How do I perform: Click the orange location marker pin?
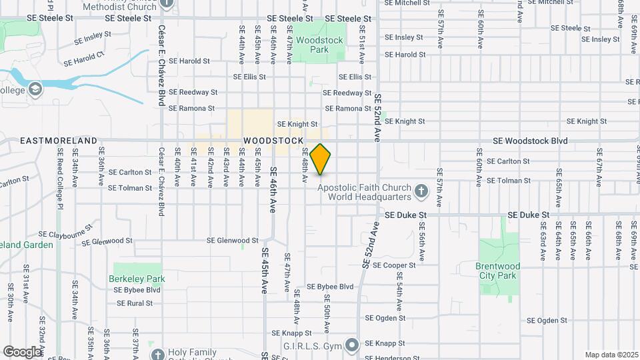point(321,159)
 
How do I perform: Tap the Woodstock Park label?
point(319,45)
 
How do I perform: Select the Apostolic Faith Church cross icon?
point(421,192)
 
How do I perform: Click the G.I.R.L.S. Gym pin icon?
point(353,345)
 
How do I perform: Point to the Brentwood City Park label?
point(497,271)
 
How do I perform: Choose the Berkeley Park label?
point(137,279)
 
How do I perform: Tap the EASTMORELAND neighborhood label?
point(59,141)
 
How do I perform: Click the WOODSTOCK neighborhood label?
point(273,141)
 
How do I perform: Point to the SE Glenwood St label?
point(232,241)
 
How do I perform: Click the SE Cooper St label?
point(394,265)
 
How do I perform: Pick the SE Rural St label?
point(135,303)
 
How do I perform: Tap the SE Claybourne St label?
point(66,235)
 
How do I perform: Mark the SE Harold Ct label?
point(84,59)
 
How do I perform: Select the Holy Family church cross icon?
point(157,353)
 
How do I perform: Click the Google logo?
point(22,351)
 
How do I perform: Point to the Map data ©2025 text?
point(611,355)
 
